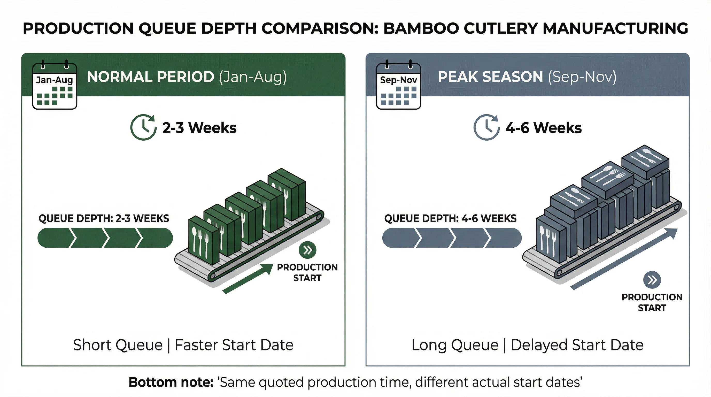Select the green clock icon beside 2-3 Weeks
[143, 127]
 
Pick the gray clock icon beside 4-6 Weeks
[486, 127]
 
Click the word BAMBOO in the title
[421, 28]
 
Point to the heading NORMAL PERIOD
[150, 77]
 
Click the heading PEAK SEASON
[490, 77]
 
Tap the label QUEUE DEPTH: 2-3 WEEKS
[104, 218]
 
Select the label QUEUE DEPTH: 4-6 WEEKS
[450, 218]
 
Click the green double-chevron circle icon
[307, 250]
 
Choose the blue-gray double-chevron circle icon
[652, 280]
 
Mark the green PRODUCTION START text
[307, 272]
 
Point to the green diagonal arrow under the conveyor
[248, 279]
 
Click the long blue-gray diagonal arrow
[624, 259]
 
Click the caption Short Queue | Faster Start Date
[183, 345]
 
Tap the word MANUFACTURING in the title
[615, 28]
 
